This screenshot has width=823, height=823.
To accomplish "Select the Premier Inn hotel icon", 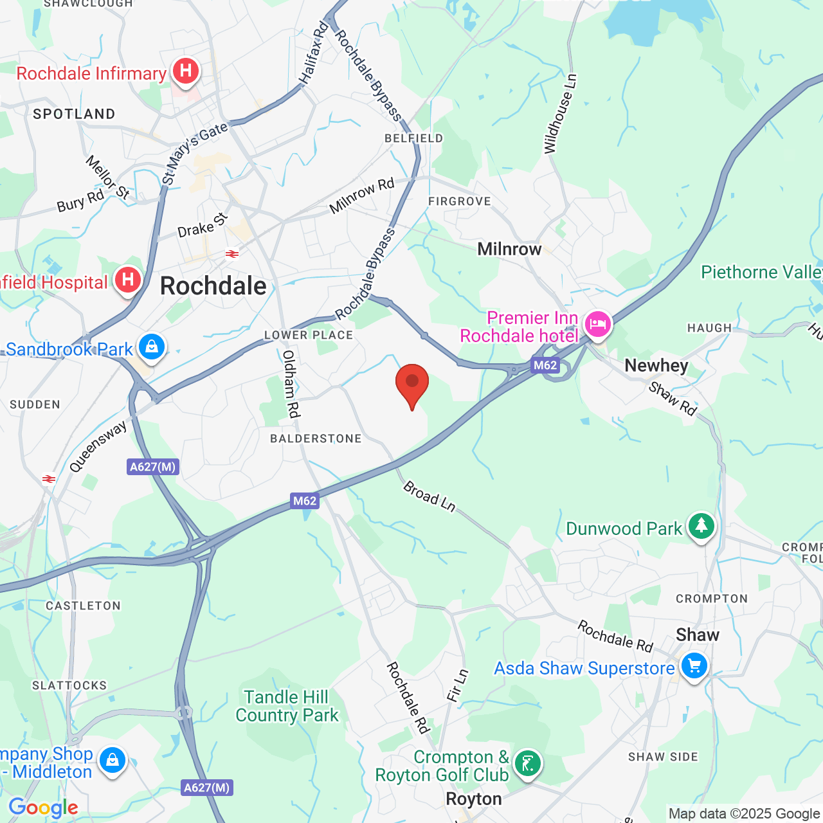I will (597, 325).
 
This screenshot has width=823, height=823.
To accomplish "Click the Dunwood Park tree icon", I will (701, 526).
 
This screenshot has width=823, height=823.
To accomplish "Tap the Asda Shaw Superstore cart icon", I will (694, 666).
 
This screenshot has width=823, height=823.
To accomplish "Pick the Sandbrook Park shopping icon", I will (151, 347).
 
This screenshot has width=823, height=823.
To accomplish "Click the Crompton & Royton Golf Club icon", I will (528, 764).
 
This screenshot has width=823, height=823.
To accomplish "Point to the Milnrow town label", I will (509, 249).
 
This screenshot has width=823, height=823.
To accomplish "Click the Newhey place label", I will (656, 365).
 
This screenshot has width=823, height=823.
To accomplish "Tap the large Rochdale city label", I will (213, 285).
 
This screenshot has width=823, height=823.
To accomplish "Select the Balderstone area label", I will (316, 439).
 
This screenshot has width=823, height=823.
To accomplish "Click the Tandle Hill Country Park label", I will (287, 706).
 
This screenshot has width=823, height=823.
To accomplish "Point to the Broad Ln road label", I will (430, 496).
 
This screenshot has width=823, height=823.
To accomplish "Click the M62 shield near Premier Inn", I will (545, 365).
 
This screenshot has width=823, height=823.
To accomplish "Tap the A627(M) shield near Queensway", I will (152, 467).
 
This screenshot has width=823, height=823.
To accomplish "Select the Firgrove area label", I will (459, 201).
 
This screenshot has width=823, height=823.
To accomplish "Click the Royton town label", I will (474, 799).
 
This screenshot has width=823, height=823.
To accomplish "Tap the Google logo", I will (43, 808).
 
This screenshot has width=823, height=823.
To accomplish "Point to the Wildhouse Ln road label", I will (560, 114).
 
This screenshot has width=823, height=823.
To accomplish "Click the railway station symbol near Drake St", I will (232, 254).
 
